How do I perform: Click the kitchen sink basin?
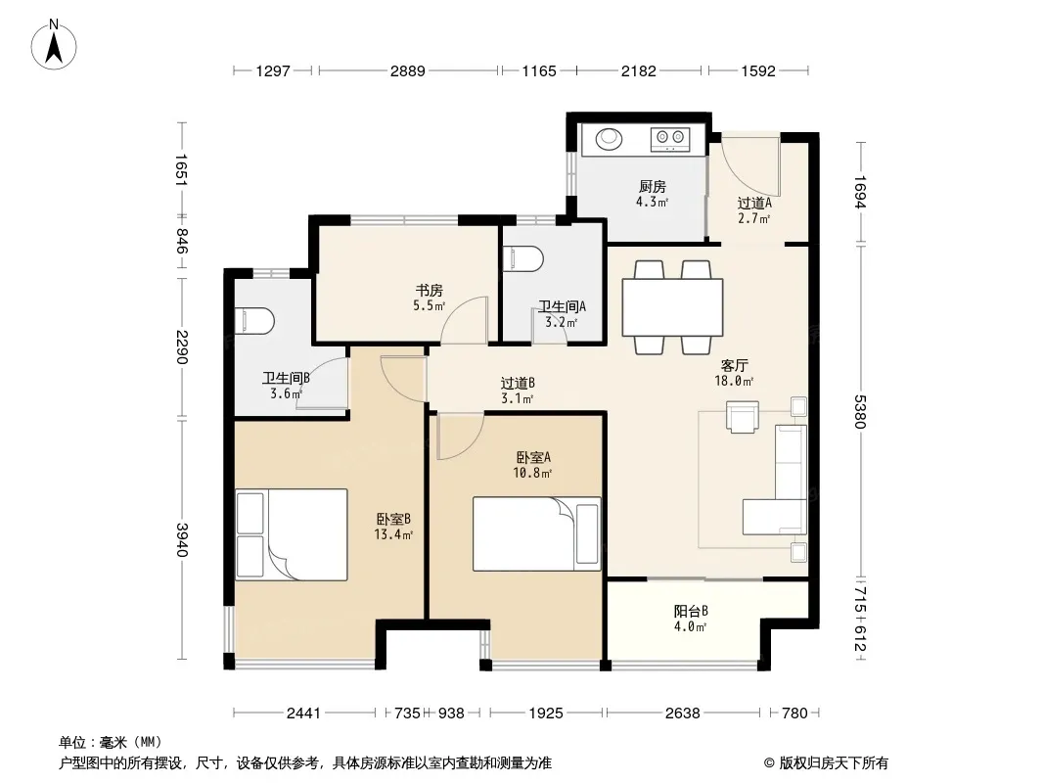coord(608,139)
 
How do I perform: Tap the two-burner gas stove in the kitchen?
coord(670,139)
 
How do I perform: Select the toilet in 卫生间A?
coord(523,259)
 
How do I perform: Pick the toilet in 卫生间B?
coord(254,321)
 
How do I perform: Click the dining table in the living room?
coord(672,307)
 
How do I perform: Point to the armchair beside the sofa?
coord(743,417)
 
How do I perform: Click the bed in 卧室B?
coord(292,534)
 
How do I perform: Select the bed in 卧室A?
coord(537,533)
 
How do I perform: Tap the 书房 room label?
coord(430,290)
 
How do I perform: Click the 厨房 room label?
coord(652,186)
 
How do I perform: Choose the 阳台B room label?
coord(691,611)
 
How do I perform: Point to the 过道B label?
coord(518,384)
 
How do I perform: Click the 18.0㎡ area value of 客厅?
coord(734,381)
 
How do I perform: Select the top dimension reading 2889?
coord(408,70)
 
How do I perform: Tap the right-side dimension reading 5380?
coord(860,412)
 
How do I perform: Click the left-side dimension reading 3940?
coord(182,540)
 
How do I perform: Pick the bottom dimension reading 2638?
coord(683,714)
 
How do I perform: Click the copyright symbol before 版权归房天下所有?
coord(769,763)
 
